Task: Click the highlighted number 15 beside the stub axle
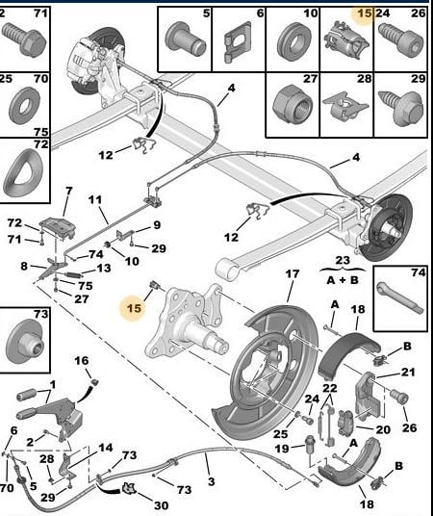click(134, 308)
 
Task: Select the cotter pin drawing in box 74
click(399, 298)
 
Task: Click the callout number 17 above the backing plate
click(293, 273)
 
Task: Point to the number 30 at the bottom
click(161, 505)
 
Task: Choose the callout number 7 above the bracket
click(68, 191)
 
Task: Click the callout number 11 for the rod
click(95, 199)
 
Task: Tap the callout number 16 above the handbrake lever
click(81, 361)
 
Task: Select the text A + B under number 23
click(343, 280)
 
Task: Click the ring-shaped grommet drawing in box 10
click(293, 40)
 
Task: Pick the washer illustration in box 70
click(24, 105)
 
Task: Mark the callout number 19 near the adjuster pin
click(282, 449)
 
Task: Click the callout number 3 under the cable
click(212, 481)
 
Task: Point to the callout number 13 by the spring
click(104, 269)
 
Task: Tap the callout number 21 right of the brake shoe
click(408, 373)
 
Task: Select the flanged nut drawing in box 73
click(24, 342)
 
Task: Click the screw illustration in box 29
click(400, 108)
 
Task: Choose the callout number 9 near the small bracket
click(157, 225)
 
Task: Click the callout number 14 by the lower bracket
click(105, 448)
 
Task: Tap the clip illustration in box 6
click(238, 42)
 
